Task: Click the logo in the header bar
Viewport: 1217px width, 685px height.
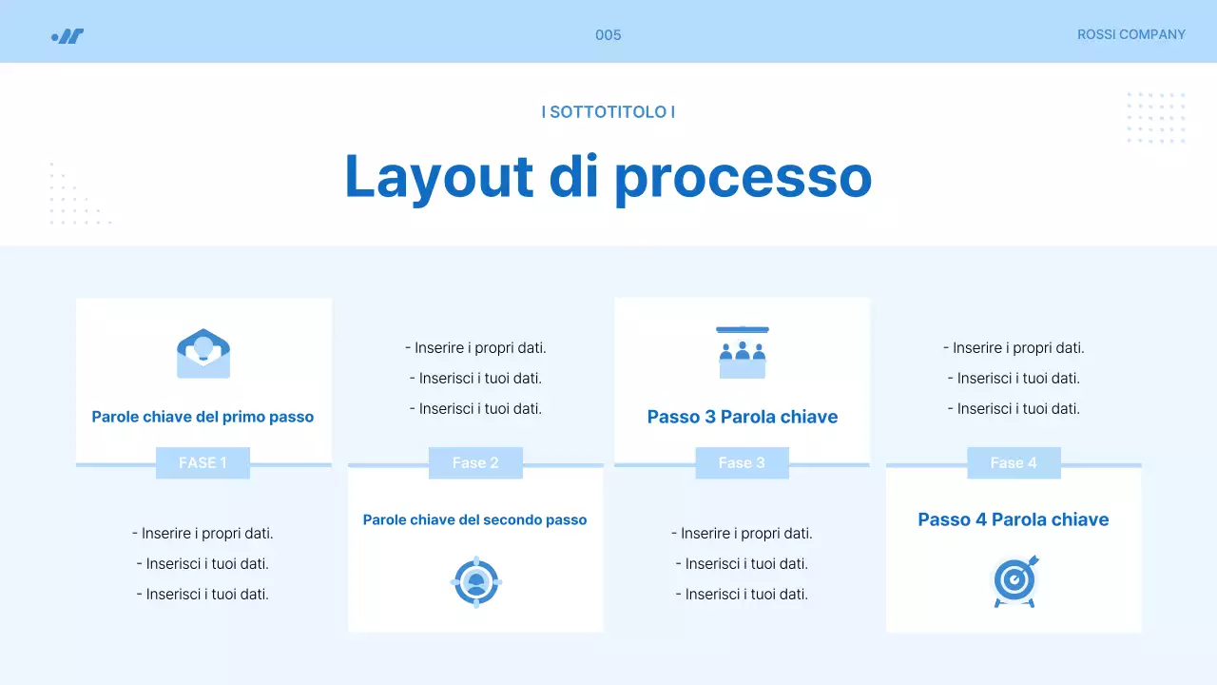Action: click(x=68, y=36)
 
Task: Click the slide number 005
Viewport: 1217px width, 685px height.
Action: click(x=608, y=35)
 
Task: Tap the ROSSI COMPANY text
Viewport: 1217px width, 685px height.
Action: click(x=1130, y=34)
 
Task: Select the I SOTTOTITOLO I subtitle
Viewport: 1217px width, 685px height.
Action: click(x=608, y=111)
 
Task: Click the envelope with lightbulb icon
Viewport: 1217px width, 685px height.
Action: click(x=203, y=354)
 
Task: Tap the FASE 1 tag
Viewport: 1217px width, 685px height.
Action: click(x=203, y=462)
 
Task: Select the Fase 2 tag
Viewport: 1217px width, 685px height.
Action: click(x=475, y=462)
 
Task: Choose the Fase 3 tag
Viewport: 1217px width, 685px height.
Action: click(x=742, y=462)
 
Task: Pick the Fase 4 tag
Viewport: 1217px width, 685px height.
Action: click(x=1014, y=462)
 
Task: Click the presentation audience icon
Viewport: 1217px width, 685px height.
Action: click(x=743, y=352)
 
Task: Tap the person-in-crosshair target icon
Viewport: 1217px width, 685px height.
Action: click(x=475, y=581)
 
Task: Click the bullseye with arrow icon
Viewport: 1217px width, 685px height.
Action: click(x=1015, y=580)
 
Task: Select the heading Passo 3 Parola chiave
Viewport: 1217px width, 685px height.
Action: click(x=743, y=417)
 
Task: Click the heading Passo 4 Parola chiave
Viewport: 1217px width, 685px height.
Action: click(x=1014, y=519)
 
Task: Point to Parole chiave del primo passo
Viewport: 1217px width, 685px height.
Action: click(x=203, y=417)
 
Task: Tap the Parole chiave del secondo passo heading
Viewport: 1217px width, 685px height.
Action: click(x=475, y=519)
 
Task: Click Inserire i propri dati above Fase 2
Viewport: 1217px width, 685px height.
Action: click(x=475, y=348)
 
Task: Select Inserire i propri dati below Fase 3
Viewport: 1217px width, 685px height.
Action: click(x=742, y=533)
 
